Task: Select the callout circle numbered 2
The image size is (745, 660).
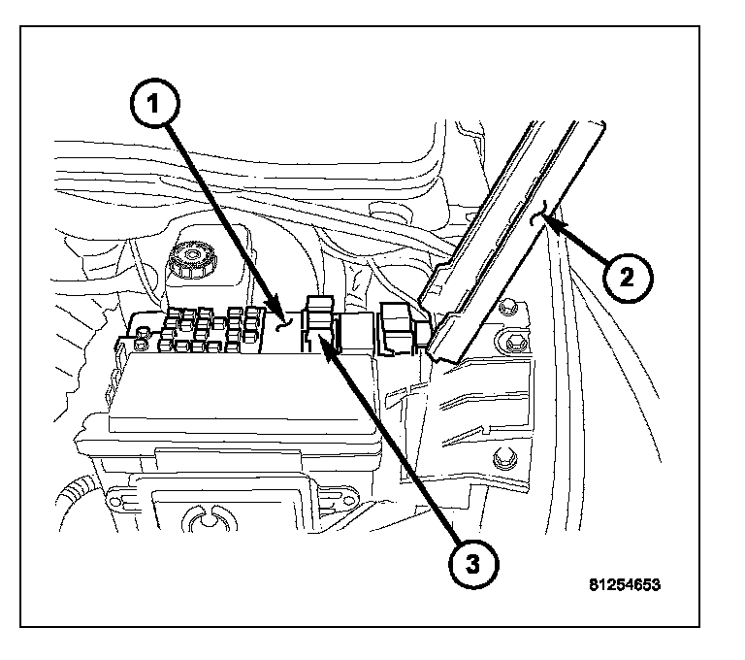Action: [x=625, y=279]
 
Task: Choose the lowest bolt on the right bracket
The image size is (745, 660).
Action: [x=503, y=459]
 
